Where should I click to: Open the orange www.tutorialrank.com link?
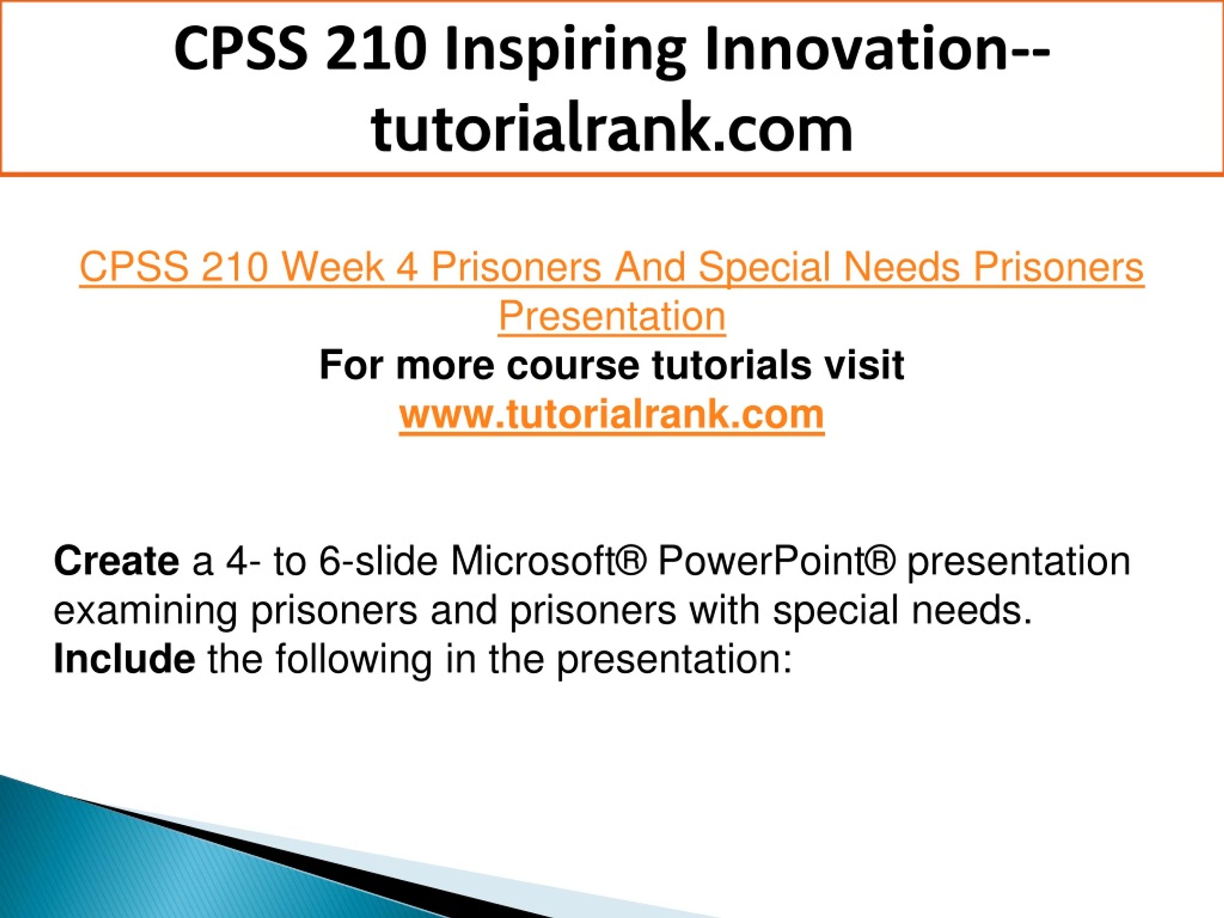612,415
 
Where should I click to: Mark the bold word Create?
117,561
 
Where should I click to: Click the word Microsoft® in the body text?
548,561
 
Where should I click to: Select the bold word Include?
124,658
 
